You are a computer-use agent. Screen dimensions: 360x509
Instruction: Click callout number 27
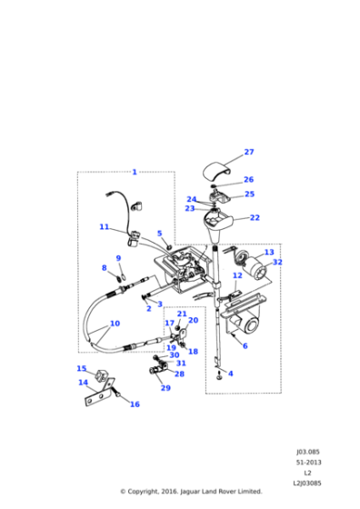pos(249,152)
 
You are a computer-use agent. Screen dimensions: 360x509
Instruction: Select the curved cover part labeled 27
pos(217,172)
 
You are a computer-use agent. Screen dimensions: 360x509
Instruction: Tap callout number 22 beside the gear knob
pos(255,217)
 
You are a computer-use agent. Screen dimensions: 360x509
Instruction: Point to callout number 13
pos(269,252)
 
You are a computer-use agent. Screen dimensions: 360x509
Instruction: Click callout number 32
pos(277,262)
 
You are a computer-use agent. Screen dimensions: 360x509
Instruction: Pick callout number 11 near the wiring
pos(105,226)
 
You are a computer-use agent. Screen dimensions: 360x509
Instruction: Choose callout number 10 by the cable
pos(115,324)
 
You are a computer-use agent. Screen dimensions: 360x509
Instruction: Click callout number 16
pos(135,404)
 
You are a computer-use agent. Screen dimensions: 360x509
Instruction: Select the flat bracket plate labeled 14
pos(100,393)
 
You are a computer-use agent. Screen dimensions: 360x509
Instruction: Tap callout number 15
pos(82,368)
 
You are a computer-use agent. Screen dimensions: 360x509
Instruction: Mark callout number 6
pos(245,346)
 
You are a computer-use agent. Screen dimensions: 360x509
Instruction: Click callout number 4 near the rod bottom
pos(231,374)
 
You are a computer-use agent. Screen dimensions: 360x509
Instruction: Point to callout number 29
pos(165,388)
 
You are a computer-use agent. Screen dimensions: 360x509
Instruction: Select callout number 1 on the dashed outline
pos(135,172)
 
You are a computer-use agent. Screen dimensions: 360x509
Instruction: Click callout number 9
pos(118,258)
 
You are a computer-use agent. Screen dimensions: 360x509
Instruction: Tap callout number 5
pos(159,233)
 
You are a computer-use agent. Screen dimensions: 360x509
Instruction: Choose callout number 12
pos(237,275)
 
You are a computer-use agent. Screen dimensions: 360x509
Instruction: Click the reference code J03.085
pos(308,452)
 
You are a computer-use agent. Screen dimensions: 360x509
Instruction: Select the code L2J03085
pos(307,484)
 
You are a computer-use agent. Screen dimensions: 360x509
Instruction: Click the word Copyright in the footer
pos(142,492)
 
